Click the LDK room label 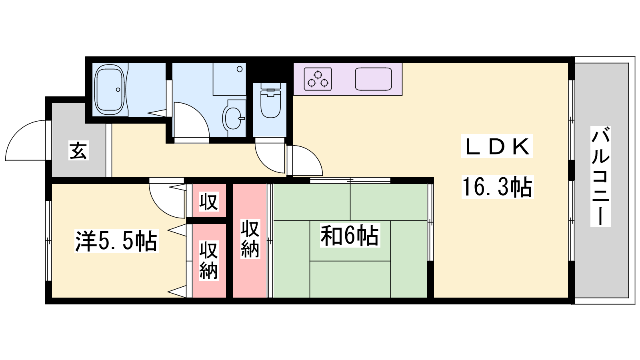click(497, 146)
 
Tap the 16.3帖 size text click(498, 187)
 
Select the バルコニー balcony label click(600, 176)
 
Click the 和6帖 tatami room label click(350, 235)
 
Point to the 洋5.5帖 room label click(116, 240)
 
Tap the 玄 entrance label click(78, 150)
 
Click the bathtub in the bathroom click(110, 90)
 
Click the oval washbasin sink click(234, 118)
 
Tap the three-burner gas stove click(318, 79)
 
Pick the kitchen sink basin click(373, 79)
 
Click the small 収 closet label click(208, 202)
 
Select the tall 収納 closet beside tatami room click(250, 238)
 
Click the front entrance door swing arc click(18, 131)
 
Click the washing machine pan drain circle click(240, 69)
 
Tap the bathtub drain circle click(118, 90)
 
